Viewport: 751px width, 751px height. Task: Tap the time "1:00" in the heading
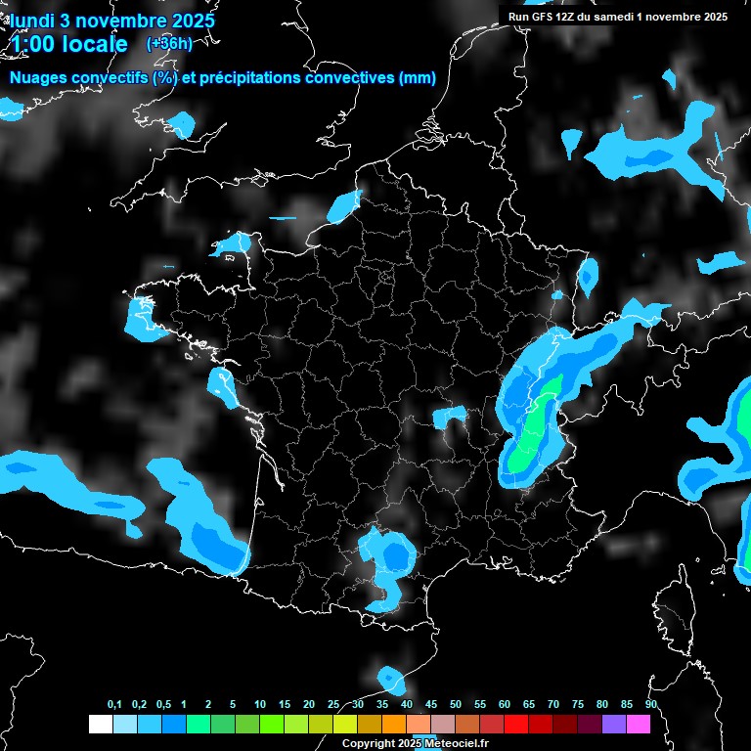(33, 44)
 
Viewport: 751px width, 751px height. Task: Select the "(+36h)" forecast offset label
(169, 43)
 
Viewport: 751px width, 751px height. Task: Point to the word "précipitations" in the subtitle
(249, 78)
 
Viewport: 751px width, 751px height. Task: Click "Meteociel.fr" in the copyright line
(462, 744)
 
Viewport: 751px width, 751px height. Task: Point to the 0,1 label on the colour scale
(114, 705)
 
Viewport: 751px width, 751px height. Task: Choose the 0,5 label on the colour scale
(162, 705)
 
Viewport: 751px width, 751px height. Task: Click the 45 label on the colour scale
(431, 705)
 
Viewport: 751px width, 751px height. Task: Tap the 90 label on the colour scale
(650, 705)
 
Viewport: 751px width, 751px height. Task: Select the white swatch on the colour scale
(100, 724)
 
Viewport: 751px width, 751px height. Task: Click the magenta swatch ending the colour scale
(639, 724)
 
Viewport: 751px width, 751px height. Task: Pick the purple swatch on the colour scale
(614, 724)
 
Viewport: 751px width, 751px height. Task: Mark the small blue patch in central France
(450, 417)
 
